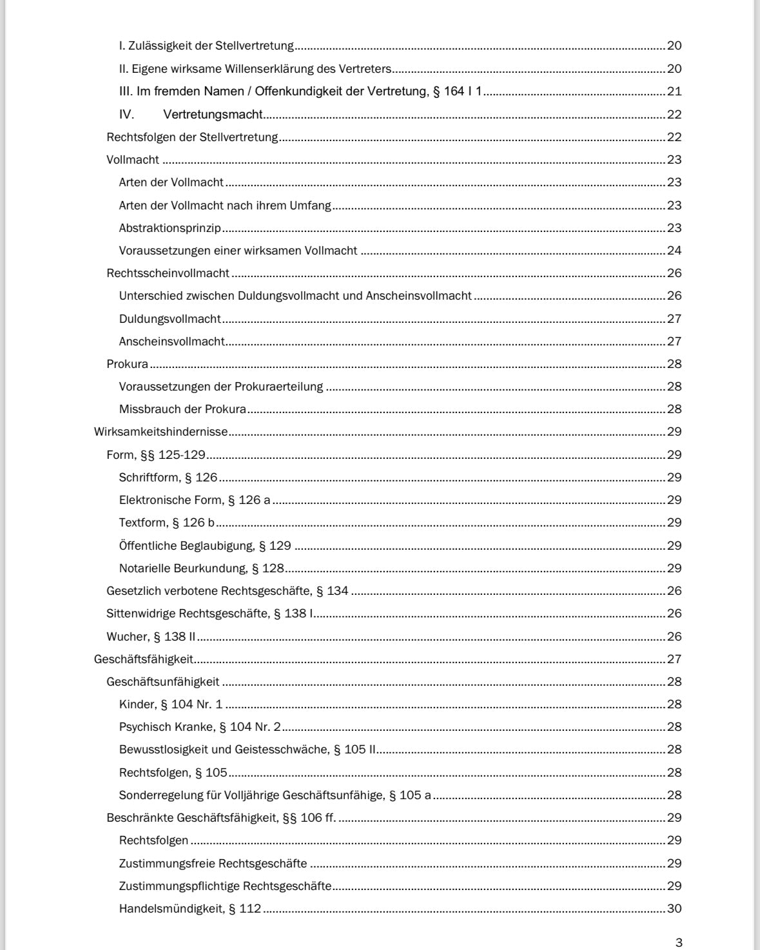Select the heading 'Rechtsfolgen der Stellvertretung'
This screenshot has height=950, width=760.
(192, 137)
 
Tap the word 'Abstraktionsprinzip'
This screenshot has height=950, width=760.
(170, 228)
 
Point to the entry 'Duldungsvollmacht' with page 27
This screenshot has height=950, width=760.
(170, 319)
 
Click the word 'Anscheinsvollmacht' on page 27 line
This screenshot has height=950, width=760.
(171, 342)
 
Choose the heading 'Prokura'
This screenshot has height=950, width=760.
(127, 364)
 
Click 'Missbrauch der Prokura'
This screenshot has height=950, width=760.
(182, 409)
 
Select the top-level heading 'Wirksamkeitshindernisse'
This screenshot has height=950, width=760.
(161, 432)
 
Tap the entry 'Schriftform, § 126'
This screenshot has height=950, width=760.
(168, 478)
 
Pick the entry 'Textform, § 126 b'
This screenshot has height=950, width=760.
(166, 523)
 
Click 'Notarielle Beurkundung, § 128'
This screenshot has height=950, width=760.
(202, 568)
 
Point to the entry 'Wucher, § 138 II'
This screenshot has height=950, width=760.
(151, 637)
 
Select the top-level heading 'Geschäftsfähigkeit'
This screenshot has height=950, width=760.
(144, 659)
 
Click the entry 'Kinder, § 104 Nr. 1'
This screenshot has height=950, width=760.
(170, 704)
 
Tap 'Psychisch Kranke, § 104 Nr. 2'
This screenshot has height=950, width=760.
(200, 727)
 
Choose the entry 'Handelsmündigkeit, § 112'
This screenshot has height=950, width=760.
(190, 909)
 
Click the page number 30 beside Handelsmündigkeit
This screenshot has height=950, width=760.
(674, 909)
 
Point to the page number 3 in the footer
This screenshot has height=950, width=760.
(678, 943)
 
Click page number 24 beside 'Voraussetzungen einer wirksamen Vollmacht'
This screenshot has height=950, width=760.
(674, 251)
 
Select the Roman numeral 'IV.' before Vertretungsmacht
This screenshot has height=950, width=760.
(126, 115)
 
